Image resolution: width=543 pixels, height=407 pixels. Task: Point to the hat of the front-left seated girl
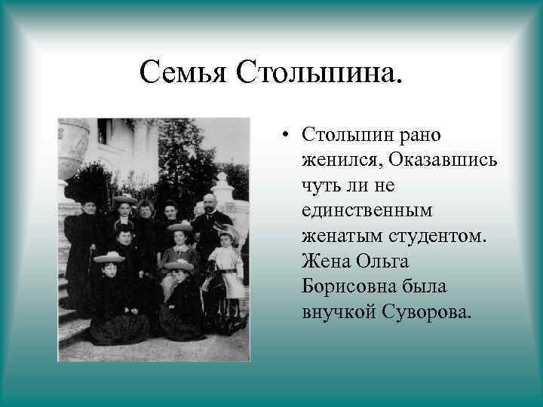point(109,257)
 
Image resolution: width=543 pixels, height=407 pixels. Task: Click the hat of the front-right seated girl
point(178,265)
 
